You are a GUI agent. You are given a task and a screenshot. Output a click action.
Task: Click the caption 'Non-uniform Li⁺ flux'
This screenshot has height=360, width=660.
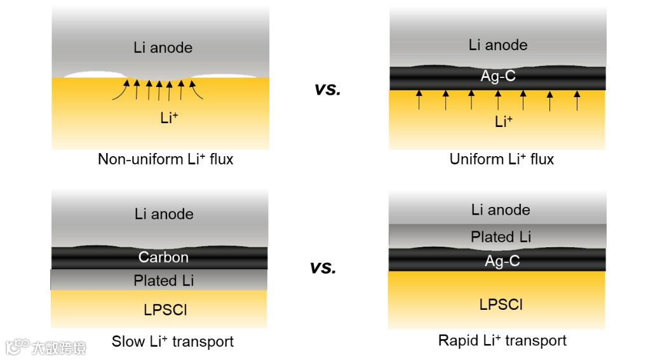165,159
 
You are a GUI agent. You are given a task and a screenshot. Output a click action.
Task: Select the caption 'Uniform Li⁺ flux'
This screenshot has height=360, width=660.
501,159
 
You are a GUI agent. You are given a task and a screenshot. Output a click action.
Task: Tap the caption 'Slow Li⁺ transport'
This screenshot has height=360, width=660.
172,342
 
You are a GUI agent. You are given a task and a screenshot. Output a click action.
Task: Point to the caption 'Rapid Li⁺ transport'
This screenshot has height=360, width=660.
502,341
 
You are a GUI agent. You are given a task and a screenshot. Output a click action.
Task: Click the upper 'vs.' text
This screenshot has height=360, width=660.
328,90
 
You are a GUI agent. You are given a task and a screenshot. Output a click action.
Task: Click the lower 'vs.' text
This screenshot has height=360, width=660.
323,268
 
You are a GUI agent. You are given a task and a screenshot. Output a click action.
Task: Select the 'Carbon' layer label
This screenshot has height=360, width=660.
163,257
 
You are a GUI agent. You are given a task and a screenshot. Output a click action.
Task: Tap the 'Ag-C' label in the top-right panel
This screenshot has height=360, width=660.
498,76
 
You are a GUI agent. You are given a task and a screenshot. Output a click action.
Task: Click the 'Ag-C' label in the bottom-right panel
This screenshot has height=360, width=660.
502,260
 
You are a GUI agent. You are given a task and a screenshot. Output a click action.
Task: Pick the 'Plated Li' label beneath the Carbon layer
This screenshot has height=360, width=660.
163,280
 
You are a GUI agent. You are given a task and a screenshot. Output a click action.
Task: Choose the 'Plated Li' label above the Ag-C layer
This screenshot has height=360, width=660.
501,237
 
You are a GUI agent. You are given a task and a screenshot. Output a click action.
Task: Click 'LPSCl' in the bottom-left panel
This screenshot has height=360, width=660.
163,309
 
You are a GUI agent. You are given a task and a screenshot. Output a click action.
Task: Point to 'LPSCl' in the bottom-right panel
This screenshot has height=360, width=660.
501,304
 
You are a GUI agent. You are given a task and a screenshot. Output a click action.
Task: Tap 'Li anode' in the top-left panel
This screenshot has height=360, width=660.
163,48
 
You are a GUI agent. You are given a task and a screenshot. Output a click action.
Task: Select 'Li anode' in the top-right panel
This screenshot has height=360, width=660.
498,45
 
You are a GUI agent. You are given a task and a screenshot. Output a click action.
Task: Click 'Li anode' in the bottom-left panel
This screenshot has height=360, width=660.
164,214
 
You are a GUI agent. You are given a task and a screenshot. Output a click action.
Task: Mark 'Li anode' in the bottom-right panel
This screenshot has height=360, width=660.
501,210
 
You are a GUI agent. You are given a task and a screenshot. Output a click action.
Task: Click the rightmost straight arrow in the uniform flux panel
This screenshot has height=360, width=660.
577,100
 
